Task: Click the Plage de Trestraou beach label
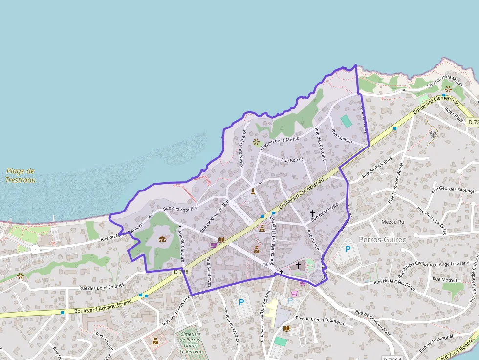point(21,175)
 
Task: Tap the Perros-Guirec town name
point(383,240)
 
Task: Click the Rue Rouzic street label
point(292,160)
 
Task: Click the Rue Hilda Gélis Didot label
point(394,285)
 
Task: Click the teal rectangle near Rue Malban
point(346,121)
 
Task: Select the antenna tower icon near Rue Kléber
point(433,133)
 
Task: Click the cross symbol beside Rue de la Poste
point(312,213)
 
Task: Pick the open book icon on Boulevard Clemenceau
point(222,240)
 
